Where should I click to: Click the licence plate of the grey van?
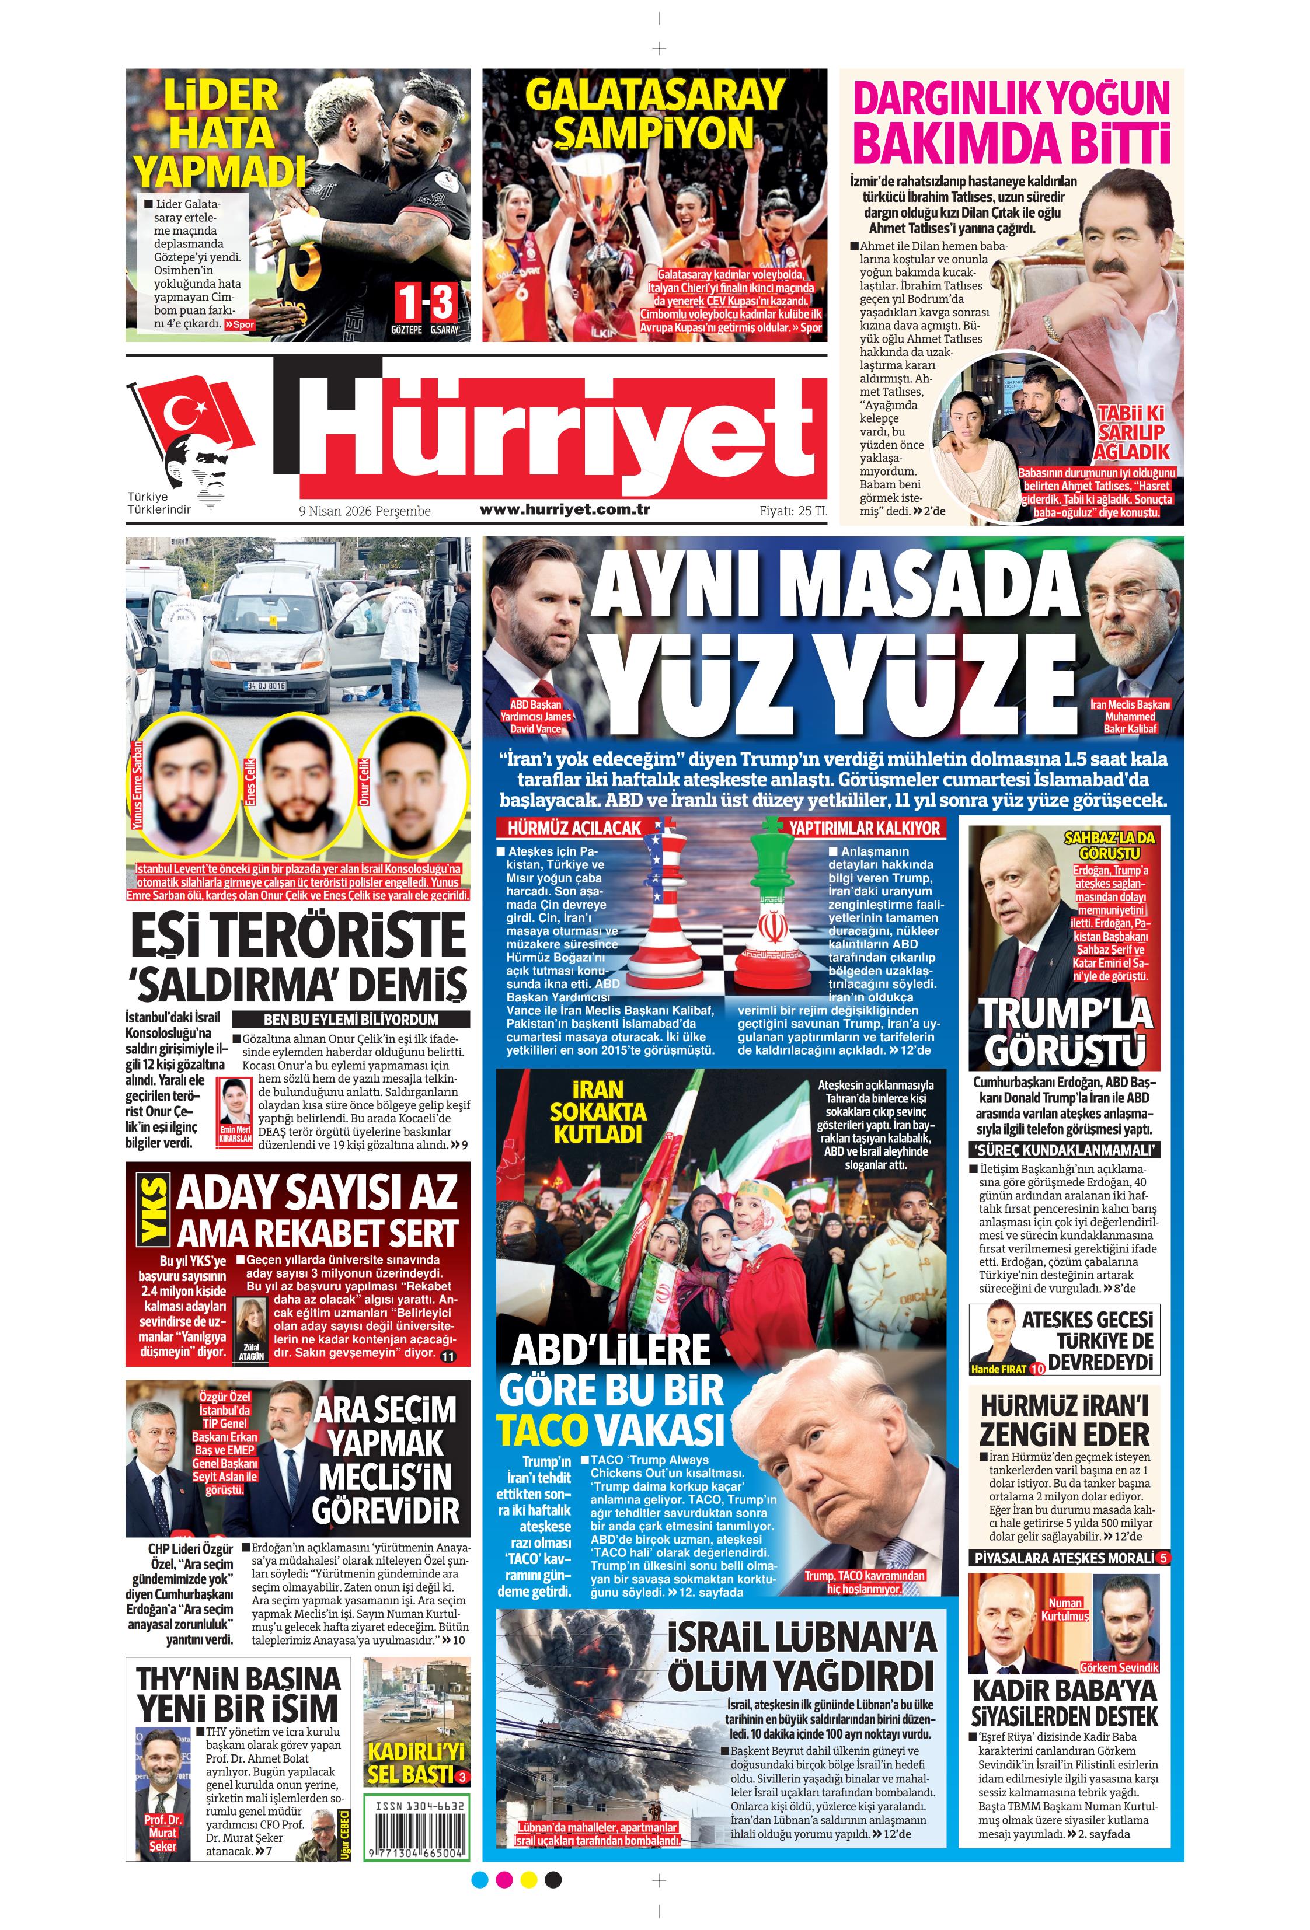point(266,686)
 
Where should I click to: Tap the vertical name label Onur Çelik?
point(363,781)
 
